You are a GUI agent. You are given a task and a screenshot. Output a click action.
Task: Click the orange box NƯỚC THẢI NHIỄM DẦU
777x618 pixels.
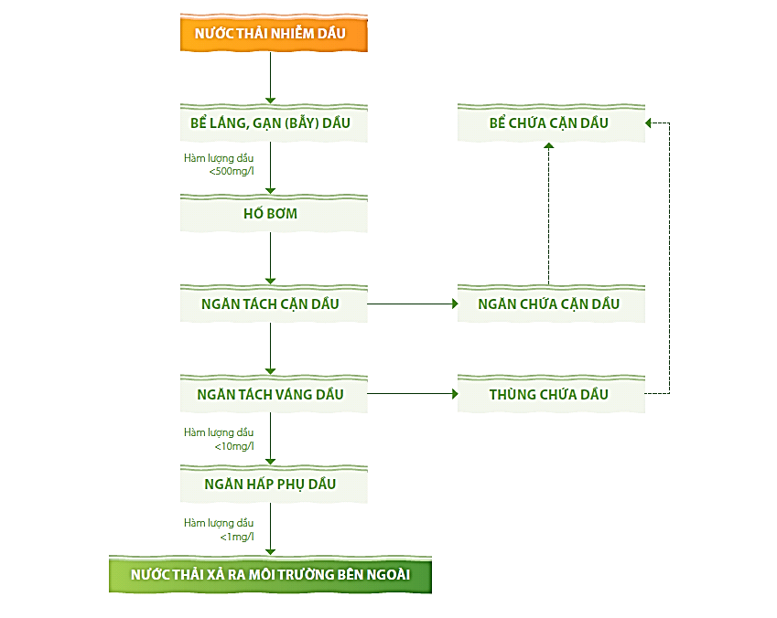[270, 34]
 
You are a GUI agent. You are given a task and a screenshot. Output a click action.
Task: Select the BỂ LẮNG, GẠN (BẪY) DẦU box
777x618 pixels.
[270, 123]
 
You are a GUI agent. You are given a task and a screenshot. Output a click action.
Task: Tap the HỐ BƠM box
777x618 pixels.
[270, 214]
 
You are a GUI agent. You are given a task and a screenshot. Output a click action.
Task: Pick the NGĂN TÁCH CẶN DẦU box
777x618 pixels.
[270, 304]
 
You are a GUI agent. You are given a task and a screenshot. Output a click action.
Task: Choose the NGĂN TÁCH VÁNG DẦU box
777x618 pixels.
[270, 394]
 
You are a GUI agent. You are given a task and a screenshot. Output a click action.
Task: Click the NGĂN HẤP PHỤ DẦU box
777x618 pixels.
[270, 485]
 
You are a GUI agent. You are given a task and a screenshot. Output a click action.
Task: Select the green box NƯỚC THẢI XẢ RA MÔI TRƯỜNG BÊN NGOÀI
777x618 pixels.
[270, 575]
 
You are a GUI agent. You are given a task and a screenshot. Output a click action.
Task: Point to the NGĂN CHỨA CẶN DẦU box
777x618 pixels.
[549, 304]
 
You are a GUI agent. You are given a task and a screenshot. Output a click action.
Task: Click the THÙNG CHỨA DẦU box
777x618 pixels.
[549, 394]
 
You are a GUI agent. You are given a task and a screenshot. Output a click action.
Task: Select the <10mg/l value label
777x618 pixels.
[234, 445]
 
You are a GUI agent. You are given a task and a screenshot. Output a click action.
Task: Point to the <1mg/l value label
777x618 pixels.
[237, 536]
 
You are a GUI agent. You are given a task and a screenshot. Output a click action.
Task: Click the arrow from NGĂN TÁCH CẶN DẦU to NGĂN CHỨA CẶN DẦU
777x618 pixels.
[412, 304]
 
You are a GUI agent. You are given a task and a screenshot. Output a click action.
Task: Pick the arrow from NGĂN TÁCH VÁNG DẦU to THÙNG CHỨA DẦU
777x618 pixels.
[412, 394]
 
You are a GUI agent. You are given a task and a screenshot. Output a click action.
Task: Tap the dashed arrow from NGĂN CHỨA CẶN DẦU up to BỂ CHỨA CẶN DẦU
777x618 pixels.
[549, 215]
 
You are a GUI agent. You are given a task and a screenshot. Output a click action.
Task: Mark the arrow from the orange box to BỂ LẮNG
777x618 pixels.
[270, 79]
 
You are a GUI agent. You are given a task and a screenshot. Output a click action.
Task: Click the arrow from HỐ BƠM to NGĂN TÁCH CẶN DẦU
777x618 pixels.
[270, 259]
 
